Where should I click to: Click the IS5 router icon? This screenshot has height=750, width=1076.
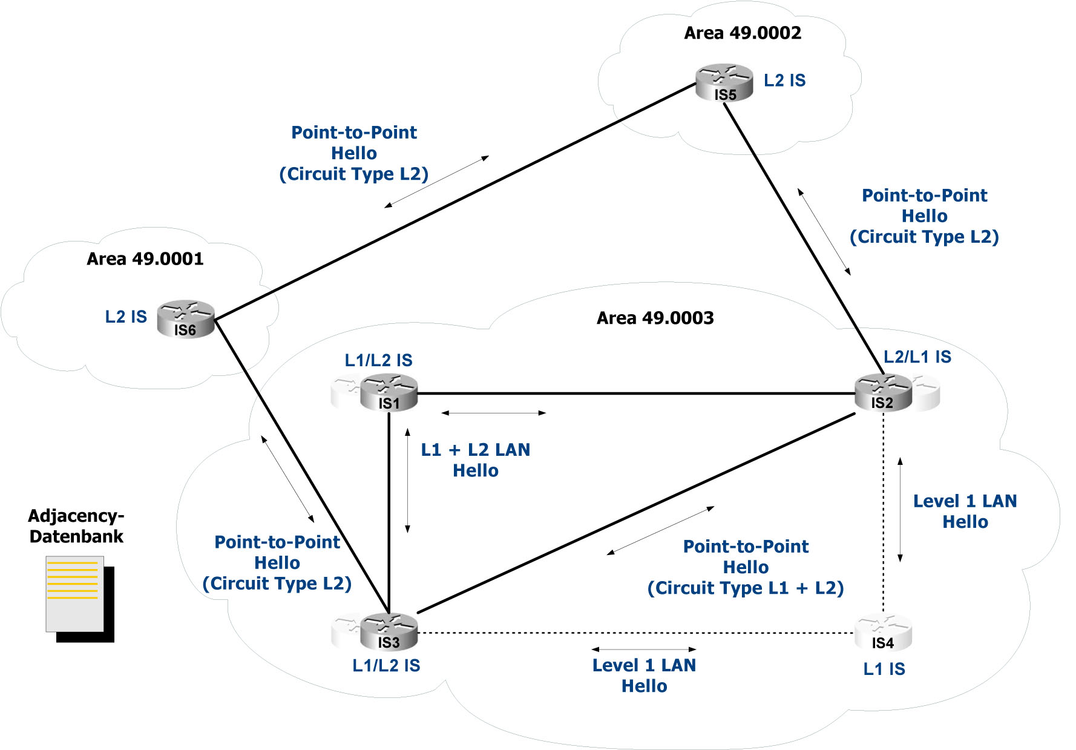(x=724, y=83)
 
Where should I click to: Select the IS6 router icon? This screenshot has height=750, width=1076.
(x=186, y=319)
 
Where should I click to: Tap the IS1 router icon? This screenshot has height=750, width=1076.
(x=389, y=392)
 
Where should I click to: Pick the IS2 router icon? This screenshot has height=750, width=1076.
(x=883, y=392)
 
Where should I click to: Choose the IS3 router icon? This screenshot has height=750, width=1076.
(x=389, y=631)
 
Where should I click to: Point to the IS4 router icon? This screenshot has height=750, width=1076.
(x=883, y=633)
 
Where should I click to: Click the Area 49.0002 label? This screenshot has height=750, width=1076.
(x=743, y=33)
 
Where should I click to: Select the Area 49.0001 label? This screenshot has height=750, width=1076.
(x=145, y=259)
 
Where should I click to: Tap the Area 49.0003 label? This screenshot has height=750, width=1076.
(x=655, y=318)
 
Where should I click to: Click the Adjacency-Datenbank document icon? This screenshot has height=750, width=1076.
(x=79, y=597)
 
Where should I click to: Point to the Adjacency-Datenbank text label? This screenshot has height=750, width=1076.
(x=76, y=526)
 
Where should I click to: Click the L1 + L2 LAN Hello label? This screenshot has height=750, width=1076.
(x=476, y=460)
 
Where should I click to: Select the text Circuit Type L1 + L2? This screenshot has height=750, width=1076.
(x=746, y=588)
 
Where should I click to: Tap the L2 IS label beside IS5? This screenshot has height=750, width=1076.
(x=784, y=81)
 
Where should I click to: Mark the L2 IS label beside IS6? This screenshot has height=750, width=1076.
(x=126, y=317)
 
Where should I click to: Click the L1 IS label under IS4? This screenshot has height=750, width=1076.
(x=884, y=669)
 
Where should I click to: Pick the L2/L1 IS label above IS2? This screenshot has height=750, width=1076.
(x=917, y=357)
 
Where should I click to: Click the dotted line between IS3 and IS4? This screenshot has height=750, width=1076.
(x=635, y=633)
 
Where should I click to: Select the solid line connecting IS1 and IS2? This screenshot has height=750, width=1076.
(x=635, y=393)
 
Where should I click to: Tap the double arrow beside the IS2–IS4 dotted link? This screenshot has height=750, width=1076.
(x=900, y=510)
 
